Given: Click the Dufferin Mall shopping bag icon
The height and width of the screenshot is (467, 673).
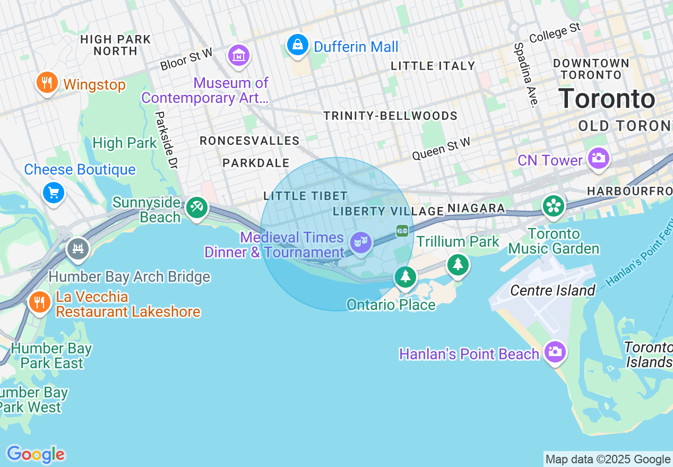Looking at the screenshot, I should (298, 45).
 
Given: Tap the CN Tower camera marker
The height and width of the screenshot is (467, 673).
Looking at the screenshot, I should (598, 158).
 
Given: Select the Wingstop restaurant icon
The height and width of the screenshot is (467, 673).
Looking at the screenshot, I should (47, 82).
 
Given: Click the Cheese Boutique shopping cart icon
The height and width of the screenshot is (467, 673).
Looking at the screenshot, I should (54, 193).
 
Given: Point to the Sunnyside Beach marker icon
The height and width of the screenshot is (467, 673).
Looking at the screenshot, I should (196, 207).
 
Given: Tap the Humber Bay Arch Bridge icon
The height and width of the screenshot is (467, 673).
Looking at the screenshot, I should (78, 248).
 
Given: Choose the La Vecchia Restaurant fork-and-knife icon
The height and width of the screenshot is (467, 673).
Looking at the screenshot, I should (39, 302).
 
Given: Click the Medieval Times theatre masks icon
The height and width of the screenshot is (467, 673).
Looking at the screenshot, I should (360, 243).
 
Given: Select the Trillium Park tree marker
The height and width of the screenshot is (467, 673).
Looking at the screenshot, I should (458, 264).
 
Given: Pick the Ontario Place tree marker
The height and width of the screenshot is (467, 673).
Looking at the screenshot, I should (405, 276).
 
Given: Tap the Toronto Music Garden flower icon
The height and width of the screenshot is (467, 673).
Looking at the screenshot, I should (553, 206).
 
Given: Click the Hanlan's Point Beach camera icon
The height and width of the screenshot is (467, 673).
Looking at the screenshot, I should (555, 351).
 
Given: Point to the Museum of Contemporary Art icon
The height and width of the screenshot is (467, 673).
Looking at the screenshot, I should (239, 55).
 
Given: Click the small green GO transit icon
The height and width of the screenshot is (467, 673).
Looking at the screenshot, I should (402, 231).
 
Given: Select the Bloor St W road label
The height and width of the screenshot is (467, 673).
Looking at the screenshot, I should (186, 59).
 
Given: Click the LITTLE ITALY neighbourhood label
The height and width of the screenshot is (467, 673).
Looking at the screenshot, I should (433, 66).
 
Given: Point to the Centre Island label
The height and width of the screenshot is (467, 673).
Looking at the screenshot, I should (553, 290).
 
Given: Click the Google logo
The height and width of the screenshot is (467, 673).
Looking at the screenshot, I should (36, 454).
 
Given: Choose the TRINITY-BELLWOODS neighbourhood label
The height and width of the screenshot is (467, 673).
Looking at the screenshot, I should (390, 116).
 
